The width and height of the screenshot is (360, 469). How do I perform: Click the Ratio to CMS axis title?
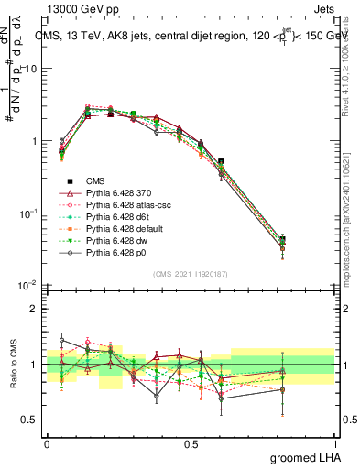pyautogui.click(x=13, y=365)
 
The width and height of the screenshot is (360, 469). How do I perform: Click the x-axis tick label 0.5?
pyautogui.click(x=191, y=442)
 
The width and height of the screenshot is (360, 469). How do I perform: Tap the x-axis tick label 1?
pyautogui.click(x=335, y=442)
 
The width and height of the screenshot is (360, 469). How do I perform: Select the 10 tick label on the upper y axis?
pyautogui.click(x=28, y=70)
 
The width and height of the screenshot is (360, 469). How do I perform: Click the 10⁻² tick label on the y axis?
pyautogui.click(x=28, y=286)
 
